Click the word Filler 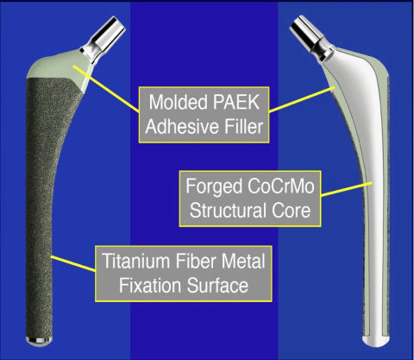(x=243, y=126)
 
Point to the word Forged (x=214, y=187)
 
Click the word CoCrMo (x=280, y=186)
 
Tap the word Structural (x=229, y=211)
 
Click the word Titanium (x=136, y=261)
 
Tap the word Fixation (x=151, y=285)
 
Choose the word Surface (x=217, y=285)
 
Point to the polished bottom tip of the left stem (x=40, y=340)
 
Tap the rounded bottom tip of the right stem (x=376, y=342)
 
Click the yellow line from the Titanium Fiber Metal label (x=73, y=263)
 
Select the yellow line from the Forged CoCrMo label (x=347, y=189)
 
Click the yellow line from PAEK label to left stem (x=106, y=89)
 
